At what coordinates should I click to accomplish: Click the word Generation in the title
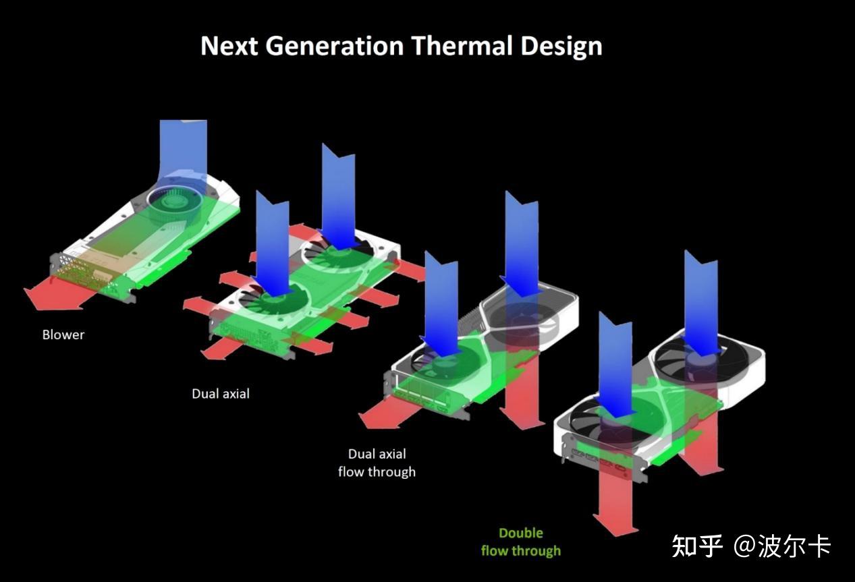pyautogui.click(x=335, y=47)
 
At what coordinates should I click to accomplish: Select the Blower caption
pyautogui.click(x=63, y=334)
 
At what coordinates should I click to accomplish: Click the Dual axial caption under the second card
pyautogui.click(x=221, y=394)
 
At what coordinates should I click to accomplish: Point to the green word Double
pyautogui.click(x=521, y=533)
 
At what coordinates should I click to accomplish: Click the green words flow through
pyautogui.click(x=521, y=551)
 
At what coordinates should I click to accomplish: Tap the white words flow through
pyautogui.click(x=377, y=472)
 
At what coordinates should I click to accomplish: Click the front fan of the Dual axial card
pyautogui.click(x=273, y=303)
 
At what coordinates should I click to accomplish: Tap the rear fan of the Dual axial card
pyautogui.click(x=337, y=254)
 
